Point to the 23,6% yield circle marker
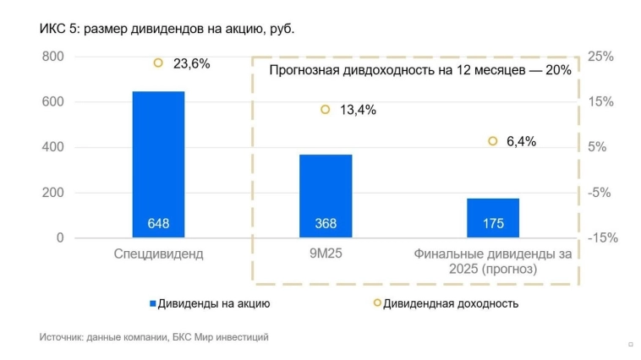(x=158, y=63)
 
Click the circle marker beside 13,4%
(x=326, y=109)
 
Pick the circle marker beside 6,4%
(x=493, y=141)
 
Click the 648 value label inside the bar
(x=158, y=224)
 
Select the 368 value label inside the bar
(x=326, y=224)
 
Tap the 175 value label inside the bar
(x=493, y=224)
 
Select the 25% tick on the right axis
(x=600, y=57)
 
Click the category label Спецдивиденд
(x=158, y=254)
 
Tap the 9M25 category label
(x=326, y=254)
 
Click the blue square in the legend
(x=153, y=303)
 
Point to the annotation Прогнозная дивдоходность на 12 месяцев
(x=419, y=70)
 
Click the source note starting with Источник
(x=154, y=337)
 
